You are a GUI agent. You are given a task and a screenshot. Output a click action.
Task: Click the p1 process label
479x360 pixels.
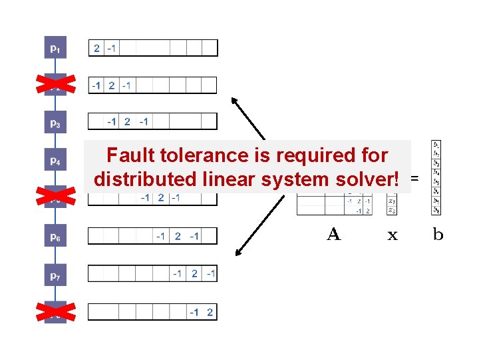(x=55, y=48)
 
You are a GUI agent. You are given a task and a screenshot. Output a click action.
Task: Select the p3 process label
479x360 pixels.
(x=55, y=123)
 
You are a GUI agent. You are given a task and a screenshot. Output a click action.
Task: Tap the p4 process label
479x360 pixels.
(x=55, y=161)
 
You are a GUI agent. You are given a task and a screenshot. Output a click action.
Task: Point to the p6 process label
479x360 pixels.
(x=55, y=237)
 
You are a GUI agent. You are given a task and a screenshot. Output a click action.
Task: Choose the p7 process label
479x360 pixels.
(x=55, y=274)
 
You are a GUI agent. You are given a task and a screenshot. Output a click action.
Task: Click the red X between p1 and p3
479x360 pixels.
(x=55, y=84)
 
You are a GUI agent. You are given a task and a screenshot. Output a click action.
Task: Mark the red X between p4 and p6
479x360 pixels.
(x=55, y=197)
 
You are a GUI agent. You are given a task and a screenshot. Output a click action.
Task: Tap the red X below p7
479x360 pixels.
(x=55, y=311)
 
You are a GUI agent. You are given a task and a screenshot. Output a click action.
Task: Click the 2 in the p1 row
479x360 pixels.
(x=96, y=48)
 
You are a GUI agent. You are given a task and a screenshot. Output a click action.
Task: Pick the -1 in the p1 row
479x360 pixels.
(x=112, y=48)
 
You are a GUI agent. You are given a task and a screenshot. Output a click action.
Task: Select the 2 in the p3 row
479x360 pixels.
(x=127, y=121)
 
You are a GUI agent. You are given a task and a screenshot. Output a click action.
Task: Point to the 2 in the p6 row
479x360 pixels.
(x=178, y=236)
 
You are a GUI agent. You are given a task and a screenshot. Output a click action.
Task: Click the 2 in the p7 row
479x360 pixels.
(x=194, y=273)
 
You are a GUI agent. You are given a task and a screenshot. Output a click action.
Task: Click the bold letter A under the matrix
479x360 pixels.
(x=334, y=234)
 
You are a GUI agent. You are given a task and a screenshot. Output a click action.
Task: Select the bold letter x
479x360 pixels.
(x=393, y=235)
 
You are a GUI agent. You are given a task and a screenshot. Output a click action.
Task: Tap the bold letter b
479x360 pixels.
(x=438, y=234)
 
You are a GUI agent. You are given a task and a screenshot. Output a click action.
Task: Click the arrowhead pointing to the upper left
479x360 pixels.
(x=234, y=101)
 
